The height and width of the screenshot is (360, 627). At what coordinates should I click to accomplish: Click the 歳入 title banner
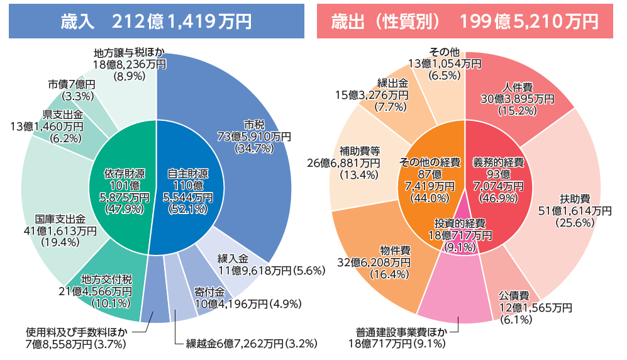(156, 21)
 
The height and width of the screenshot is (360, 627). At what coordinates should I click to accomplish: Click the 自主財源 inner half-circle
(189, 189)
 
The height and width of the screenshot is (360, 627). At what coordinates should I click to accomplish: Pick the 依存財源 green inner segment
(123, 189)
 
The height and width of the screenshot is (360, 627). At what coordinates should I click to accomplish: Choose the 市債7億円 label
(70, 90)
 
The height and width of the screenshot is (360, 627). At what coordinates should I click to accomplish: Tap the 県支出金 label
(57, 120)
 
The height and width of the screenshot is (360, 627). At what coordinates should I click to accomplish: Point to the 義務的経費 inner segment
(497, 179)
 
